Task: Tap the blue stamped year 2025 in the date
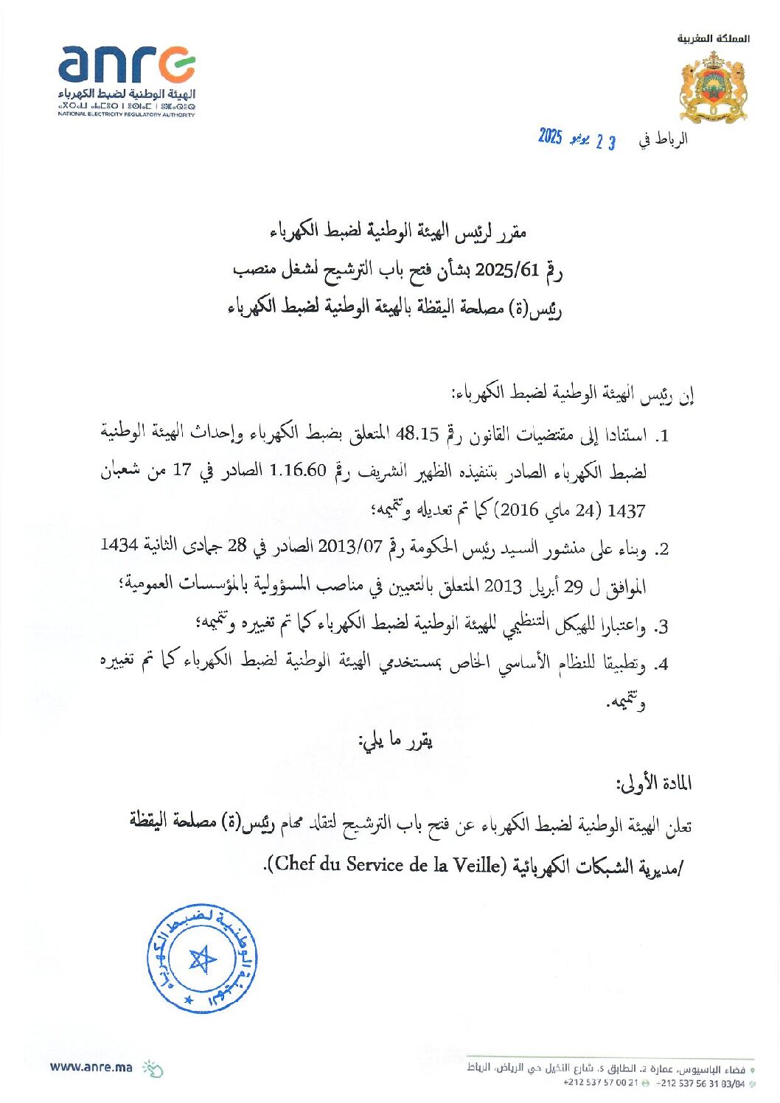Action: [x=550, y=136]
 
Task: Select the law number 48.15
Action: [x=417, y=434]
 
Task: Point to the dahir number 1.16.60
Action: [x=298, y=471]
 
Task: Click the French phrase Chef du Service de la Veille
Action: [x=388, y=864]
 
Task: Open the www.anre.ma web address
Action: [x=91, y=1066]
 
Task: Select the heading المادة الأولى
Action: [x=654, y=783]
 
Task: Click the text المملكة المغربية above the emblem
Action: [x=713, y=38]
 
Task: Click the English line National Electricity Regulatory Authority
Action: [x=127, y=115]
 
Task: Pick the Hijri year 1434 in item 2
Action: [x=119, y=545]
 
